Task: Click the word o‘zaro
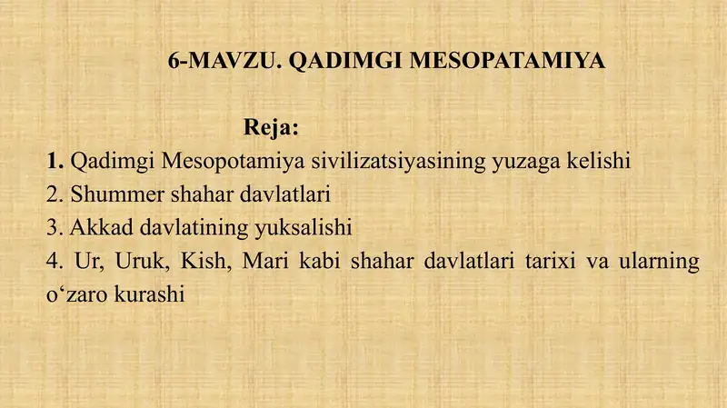(x=76, y=294)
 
